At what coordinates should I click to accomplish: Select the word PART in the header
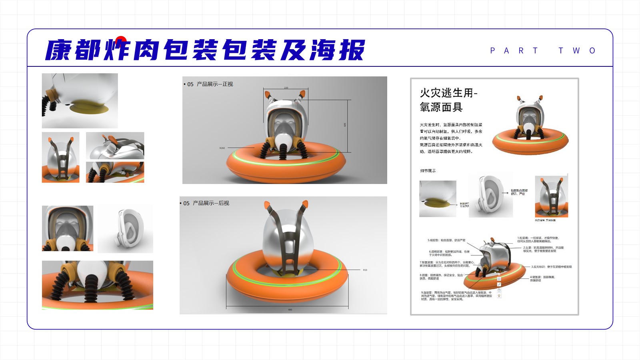pyautogui.click(x=514, y=51)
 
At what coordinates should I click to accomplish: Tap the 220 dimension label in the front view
pyautogui.click(x=286, y=88)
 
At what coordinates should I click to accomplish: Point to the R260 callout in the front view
pyautogui.click(x=222, y=148)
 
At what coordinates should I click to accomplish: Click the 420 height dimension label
pyautogui.click(x=345, y=125)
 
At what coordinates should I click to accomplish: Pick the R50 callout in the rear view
pyautogui.click(x=365, y=270)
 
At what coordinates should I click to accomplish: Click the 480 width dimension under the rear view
pyautogui.click(x=290, y=310)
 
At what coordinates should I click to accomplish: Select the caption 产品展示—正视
pyautogui.click(x=214, y=84)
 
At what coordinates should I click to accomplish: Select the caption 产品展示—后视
pyautogui.click(x=211, y=203)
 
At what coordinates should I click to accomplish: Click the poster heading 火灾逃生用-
pyautogui.click(x=448, y=93)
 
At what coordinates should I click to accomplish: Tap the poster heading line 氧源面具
pyautogui.click(x=441, y=107)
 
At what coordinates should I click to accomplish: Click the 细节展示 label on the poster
pyautogui.click(x=428, y=171)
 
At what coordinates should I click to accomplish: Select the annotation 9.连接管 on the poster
pyautogui.click(x=456, y=296)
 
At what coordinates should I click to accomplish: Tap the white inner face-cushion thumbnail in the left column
pyautogui.click(x=126, y=228)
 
